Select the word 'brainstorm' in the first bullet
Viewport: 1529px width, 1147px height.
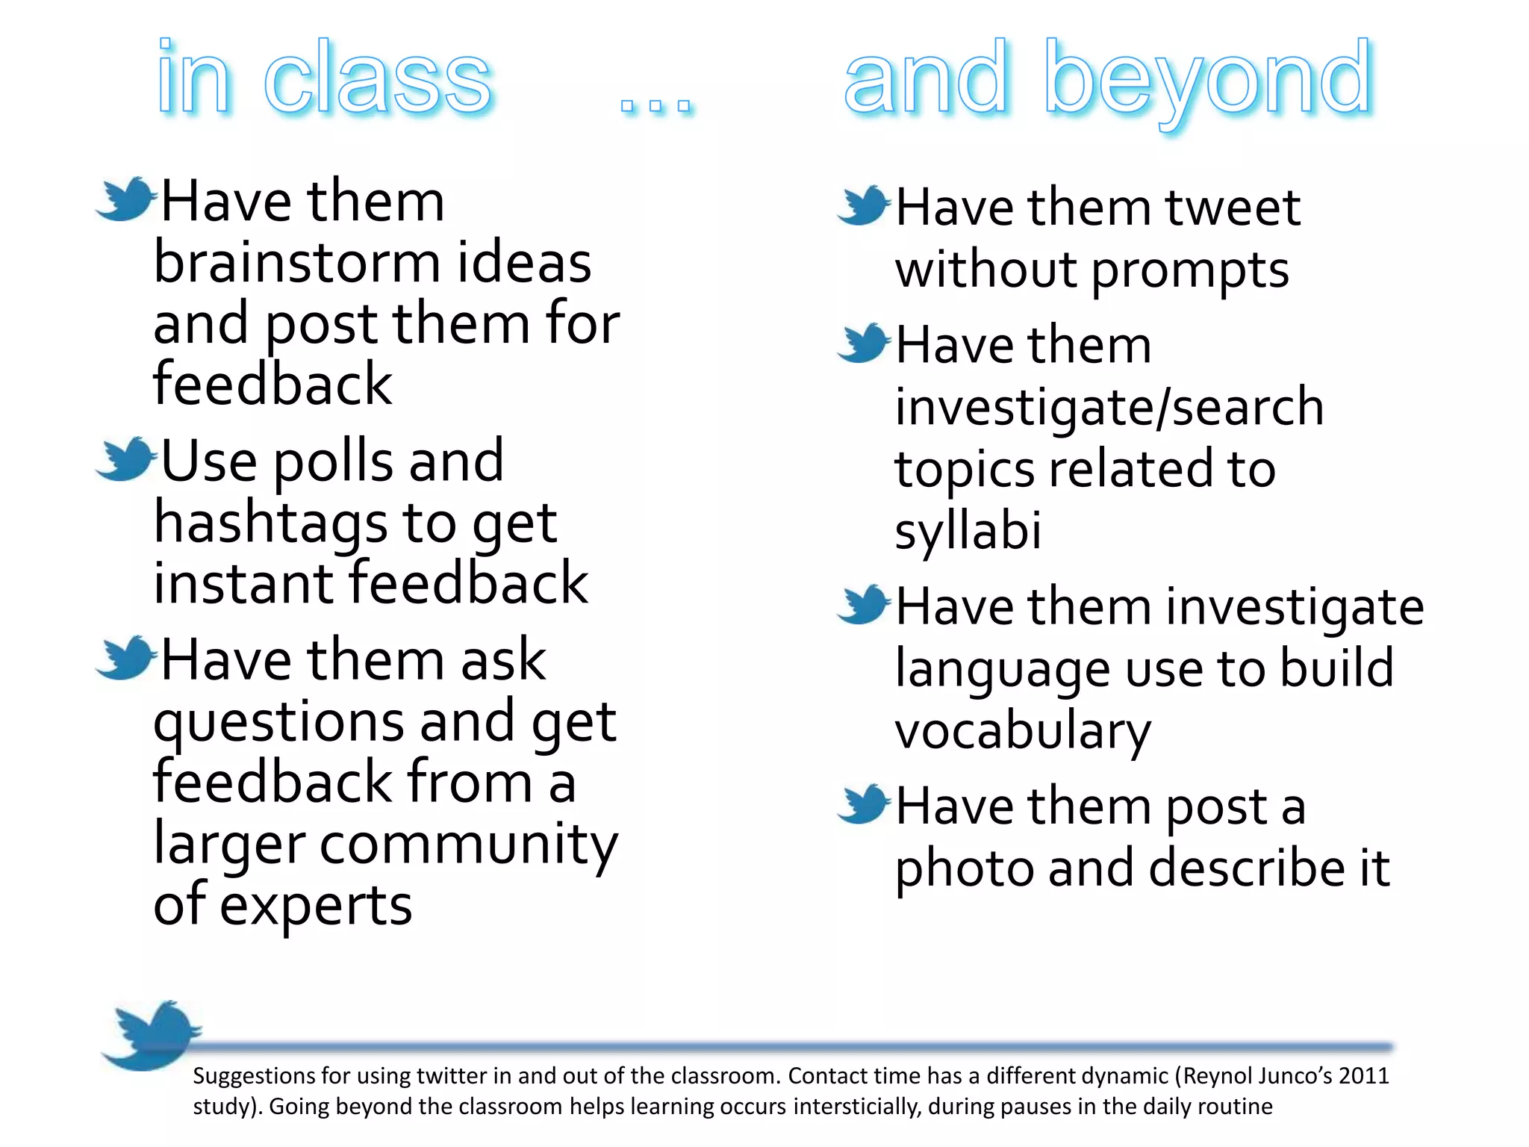[x=297, y=263]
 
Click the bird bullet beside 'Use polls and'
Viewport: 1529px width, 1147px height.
[x=125, y=460]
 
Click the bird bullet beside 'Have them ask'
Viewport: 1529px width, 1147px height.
[x=125, y=659]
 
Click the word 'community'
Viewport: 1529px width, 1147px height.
[x=469, y=845]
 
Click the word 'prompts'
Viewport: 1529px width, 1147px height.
[x=1190, y=270]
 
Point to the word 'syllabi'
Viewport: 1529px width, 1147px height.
[x=968, y=532]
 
